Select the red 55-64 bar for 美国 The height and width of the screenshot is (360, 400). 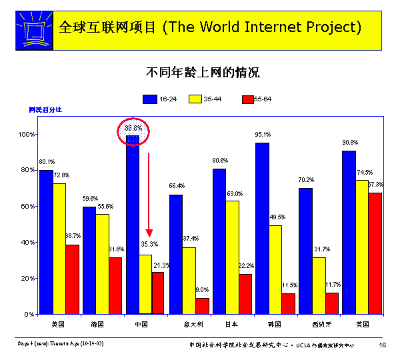(x=375, y=253)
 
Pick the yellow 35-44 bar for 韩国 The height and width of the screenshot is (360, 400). (x=275, y=269)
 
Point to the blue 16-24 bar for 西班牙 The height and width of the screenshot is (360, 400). (x=305, y=251)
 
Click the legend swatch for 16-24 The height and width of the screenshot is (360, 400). (x=151, y=99)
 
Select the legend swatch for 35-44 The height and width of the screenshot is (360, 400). (x=195, y=99)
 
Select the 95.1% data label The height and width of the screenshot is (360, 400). (x=262, y=135)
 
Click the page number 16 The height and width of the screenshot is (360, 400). (x=383, y=345)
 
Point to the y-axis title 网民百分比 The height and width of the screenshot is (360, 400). (x=45, y=109)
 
